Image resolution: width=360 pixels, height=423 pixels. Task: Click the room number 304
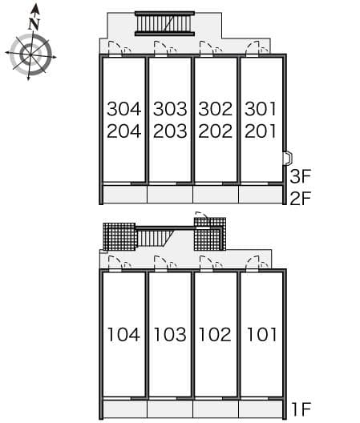pyautogui.click(x=123, y=108)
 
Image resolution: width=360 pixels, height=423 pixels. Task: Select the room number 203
pyautogui.click(x=170, y=131)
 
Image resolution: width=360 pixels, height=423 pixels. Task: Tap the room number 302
pyautogui.click(x=216, y=108)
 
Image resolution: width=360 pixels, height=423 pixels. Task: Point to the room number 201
pyautogui.click(x=261, y=131)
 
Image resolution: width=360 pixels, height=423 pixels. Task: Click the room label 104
pyautogui.click(x=123, y=334)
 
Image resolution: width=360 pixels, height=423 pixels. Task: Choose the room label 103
pyautogui.click(x=170, y=334)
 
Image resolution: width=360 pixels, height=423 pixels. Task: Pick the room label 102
pyautogui.click(x=216, y=334)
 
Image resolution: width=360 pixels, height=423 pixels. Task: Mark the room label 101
pyautogui.click(x=261, y=334)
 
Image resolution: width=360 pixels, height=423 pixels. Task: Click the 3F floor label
pyautogui.click(x=300, y=176)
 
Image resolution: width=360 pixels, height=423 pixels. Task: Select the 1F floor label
pyautogui.click(x=300, y=411)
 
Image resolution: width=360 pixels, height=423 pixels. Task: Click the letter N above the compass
pyautogui.click(x=34, y=24)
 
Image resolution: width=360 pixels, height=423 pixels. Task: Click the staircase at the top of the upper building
pyautogui.click(x=164, y=24)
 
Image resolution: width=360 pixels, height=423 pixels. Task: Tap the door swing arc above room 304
pyautogui.click(x=118, y=48)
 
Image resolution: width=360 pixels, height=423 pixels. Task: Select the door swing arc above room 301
pyautogui.click(x=255, y=48)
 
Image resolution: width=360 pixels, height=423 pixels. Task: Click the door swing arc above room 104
pyautogui.click(x=117, y=262)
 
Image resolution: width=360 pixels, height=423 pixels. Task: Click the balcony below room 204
pyautogui.click(x=124, y=194)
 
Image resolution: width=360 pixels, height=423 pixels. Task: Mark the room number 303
pyautogui.click(x=170, y=108)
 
